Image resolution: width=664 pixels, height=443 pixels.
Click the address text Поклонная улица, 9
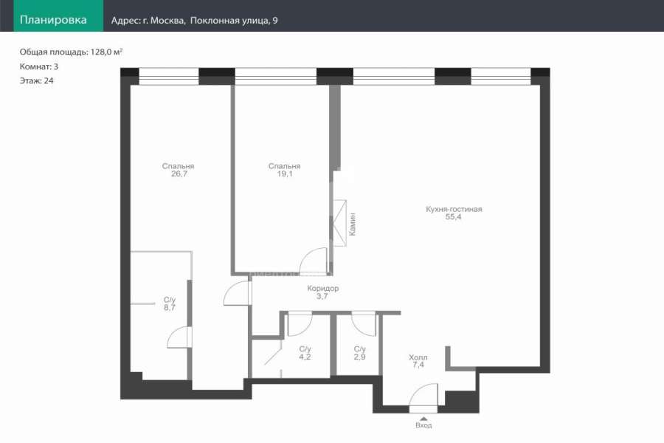[234, 21]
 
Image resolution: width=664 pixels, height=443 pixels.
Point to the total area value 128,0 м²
[106, 52]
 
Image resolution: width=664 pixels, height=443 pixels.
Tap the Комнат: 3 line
[39, 66]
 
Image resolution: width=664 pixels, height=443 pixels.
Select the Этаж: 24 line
[36, 80]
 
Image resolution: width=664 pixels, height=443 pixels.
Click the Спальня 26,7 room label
[179, 170]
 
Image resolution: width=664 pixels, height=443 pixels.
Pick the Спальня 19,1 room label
[285, 170]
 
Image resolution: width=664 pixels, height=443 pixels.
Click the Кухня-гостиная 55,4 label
[454, 213]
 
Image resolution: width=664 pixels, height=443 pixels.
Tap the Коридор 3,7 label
[322, 292]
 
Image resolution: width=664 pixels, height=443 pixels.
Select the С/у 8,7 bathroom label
[170, 303]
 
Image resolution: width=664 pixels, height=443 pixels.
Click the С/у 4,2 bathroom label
[305, 353]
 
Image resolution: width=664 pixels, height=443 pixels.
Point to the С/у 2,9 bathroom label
[359, 353]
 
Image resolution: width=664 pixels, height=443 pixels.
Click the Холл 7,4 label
[418, 361]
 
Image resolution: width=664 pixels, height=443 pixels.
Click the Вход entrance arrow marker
[423, 419]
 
